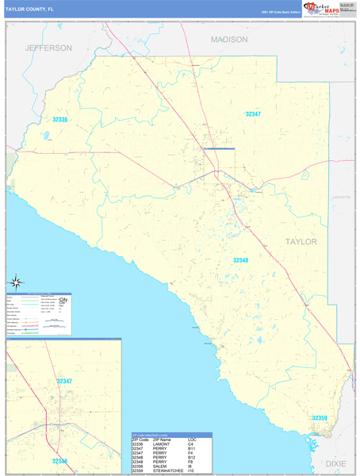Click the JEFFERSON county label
pyautogui.click(x=48, y=48)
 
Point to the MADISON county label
pyautogui.click(x=229, y=39)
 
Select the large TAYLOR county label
pyautogui.click(x=301, y=241)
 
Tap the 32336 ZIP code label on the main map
pyautogui.click(x=60, y=120)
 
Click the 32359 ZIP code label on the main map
pyautogui.click(x=320, y=418)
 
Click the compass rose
pyautogui.click(x=16, y=282)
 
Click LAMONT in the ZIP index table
pyautogui.click(x=162, y=443)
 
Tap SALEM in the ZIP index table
pyautogui.click(x=160, y=465)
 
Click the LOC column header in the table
pyautogui.click(x=193, y=439)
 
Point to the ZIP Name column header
pyautogui.click(x=163, y=439)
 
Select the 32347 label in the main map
pyautogui.click(x=253, y=114)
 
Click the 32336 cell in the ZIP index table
pyautogui.click(x=140, y=443)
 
